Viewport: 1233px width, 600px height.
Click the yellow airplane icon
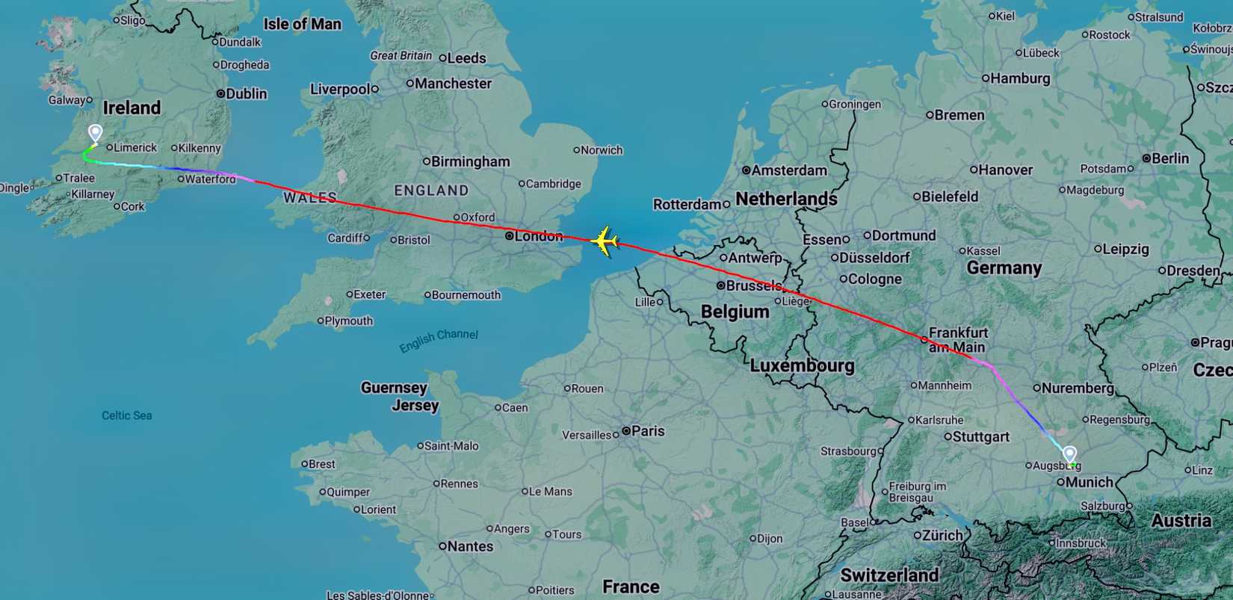coord(605,242)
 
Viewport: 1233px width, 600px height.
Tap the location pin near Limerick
coord(95,134)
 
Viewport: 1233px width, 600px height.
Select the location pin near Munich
coord(1069,454)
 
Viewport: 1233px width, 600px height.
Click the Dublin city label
coord(246,93)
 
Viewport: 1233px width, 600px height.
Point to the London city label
coord(538,236)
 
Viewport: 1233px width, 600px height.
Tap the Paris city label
coord(647,431)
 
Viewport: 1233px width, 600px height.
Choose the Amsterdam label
coord(788,170)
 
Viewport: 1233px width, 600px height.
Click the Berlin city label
coord(1169,158)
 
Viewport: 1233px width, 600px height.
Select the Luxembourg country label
coord(802,365)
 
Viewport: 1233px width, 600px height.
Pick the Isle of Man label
coord(302,24)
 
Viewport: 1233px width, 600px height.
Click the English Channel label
coord(439,340)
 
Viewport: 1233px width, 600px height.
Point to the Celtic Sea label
coord(127,415)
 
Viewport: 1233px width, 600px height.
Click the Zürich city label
coord(942,535)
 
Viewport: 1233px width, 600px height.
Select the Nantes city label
coord(470,546)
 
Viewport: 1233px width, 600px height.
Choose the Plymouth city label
coord(348,321)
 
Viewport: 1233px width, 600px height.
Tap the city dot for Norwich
coord(577,150)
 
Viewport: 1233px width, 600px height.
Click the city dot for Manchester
coord(410,83)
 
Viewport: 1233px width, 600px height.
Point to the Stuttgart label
coord(981,436)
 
